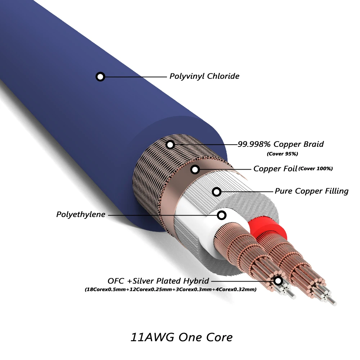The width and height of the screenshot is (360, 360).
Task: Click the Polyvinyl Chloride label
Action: (x=204, y=76)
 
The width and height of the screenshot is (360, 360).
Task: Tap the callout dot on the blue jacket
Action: (x=100, y=76)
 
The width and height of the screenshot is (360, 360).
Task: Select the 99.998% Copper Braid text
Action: (x=280, y=144)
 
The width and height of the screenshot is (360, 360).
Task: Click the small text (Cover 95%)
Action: (x=282, y=154)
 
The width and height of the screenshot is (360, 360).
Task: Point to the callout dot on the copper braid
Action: (x=171, y=145)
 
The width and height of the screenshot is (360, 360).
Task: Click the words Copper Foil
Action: (x=275, y=169)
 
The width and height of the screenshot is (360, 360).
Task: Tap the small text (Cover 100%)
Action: (x=316, y=168)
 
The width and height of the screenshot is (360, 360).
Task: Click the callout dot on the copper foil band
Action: (x=195, y=169)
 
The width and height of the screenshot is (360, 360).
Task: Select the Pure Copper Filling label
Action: (x=311, y=191)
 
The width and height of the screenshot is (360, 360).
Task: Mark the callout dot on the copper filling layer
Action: (x=217, y=192)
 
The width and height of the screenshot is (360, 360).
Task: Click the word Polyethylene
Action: (x=81, y=215)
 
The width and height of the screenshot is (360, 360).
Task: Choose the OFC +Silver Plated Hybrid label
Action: (x=158, y=281)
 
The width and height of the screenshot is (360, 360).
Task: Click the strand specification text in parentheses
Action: (x=171, y=289)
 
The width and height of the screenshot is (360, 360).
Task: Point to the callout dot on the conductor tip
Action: (x=278, y=281)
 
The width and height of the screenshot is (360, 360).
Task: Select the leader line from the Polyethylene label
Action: (x=162, y=215)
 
